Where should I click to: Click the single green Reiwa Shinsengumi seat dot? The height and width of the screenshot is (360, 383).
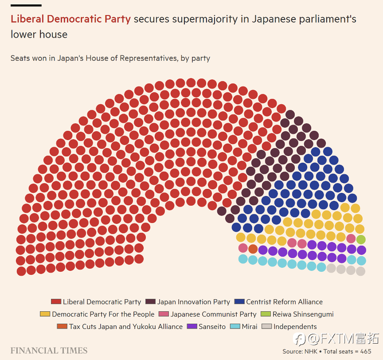[x=361, y=239]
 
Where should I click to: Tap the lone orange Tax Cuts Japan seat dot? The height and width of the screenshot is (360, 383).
[x=253, y=249]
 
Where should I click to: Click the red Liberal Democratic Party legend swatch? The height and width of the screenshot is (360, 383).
[x=56, y=302]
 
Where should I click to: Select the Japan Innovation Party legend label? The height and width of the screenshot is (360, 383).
[x=193, y=302]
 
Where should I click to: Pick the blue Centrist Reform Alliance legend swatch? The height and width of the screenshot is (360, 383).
[x=239, y=302]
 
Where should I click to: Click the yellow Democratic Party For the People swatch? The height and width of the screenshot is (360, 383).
[x=45, y=314]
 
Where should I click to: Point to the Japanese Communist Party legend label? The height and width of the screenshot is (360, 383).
[x=213, y=314]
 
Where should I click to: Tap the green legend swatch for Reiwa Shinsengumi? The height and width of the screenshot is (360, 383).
[x=266, y=314]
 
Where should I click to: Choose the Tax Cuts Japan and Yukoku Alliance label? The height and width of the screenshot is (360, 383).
[x=125, y=327]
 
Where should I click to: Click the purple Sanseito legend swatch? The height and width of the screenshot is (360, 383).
[x=192, y=327]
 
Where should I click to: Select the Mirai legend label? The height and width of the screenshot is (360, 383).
[x=250, y=327]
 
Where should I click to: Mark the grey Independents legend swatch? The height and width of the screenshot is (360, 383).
[x=266, y=327]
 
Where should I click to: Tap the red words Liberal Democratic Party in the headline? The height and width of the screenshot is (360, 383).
[x=70, y=19]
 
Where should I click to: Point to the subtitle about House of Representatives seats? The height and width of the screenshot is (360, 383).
[x=110, y=58]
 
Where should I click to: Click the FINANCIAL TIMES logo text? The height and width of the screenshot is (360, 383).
[x=49, y=351]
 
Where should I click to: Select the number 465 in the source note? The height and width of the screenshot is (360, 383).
[x=366, y=352]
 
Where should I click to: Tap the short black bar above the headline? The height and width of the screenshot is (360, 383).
[x=26, y=5]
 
